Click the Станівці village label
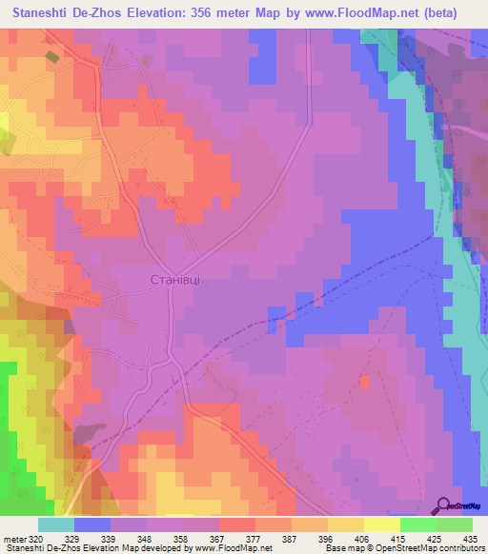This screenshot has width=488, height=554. [x=173, y=279]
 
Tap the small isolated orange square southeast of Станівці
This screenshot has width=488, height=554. [x=364, y=382]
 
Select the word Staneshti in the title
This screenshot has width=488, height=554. [x=45, y=13]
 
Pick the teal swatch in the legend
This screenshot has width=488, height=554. [x=56, y=524]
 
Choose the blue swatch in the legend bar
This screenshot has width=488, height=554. [x=92, y=524]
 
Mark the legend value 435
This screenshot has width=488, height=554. [x=467, y=539]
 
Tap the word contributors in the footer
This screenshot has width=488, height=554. [x=459, y=548]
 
